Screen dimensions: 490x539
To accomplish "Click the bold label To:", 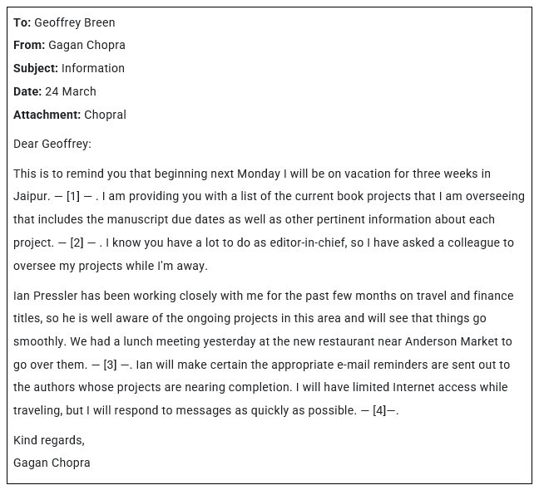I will [22, 22].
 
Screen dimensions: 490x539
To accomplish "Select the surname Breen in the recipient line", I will [97, 22].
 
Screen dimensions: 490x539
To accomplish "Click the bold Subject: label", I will [36, 68].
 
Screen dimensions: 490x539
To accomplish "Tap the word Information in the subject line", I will [93, 68].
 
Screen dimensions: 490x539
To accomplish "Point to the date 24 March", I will [71, 91].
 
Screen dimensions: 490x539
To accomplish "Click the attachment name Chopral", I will [106, 115].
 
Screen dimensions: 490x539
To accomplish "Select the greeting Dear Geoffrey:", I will [52, 144].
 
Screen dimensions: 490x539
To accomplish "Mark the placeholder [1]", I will [73, 197].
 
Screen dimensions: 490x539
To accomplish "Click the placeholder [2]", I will [77, 243].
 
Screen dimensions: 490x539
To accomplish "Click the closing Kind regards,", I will [49, 440].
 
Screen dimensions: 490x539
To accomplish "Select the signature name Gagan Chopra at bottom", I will [52, 463].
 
